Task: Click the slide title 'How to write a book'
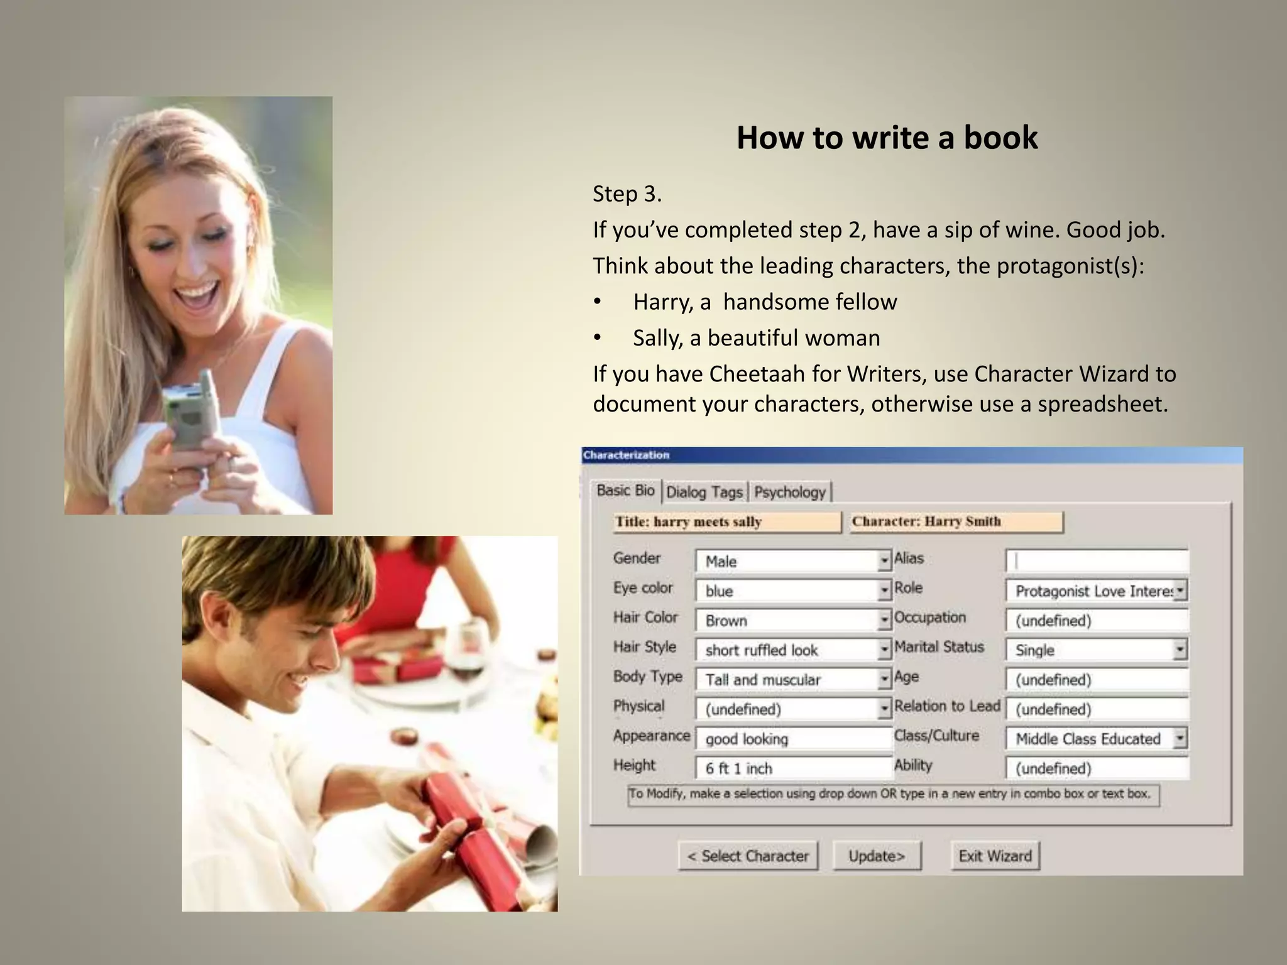click(887, 138)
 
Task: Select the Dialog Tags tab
click(704, 492)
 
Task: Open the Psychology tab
click(789, 492)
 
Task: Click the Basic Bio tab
click(625, 491)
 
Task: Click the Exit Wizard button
click(995, 856)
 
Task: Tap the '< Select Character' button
click(748, 856)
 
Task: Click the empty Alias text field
click(1097, 560)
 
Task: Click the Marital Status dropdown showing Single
click(1095, 650)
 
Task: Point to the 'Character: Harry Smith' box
click(956, 521)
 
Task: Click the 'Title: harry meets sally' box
click(726, 522)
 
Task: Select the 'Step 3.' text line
click(627, 194)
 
